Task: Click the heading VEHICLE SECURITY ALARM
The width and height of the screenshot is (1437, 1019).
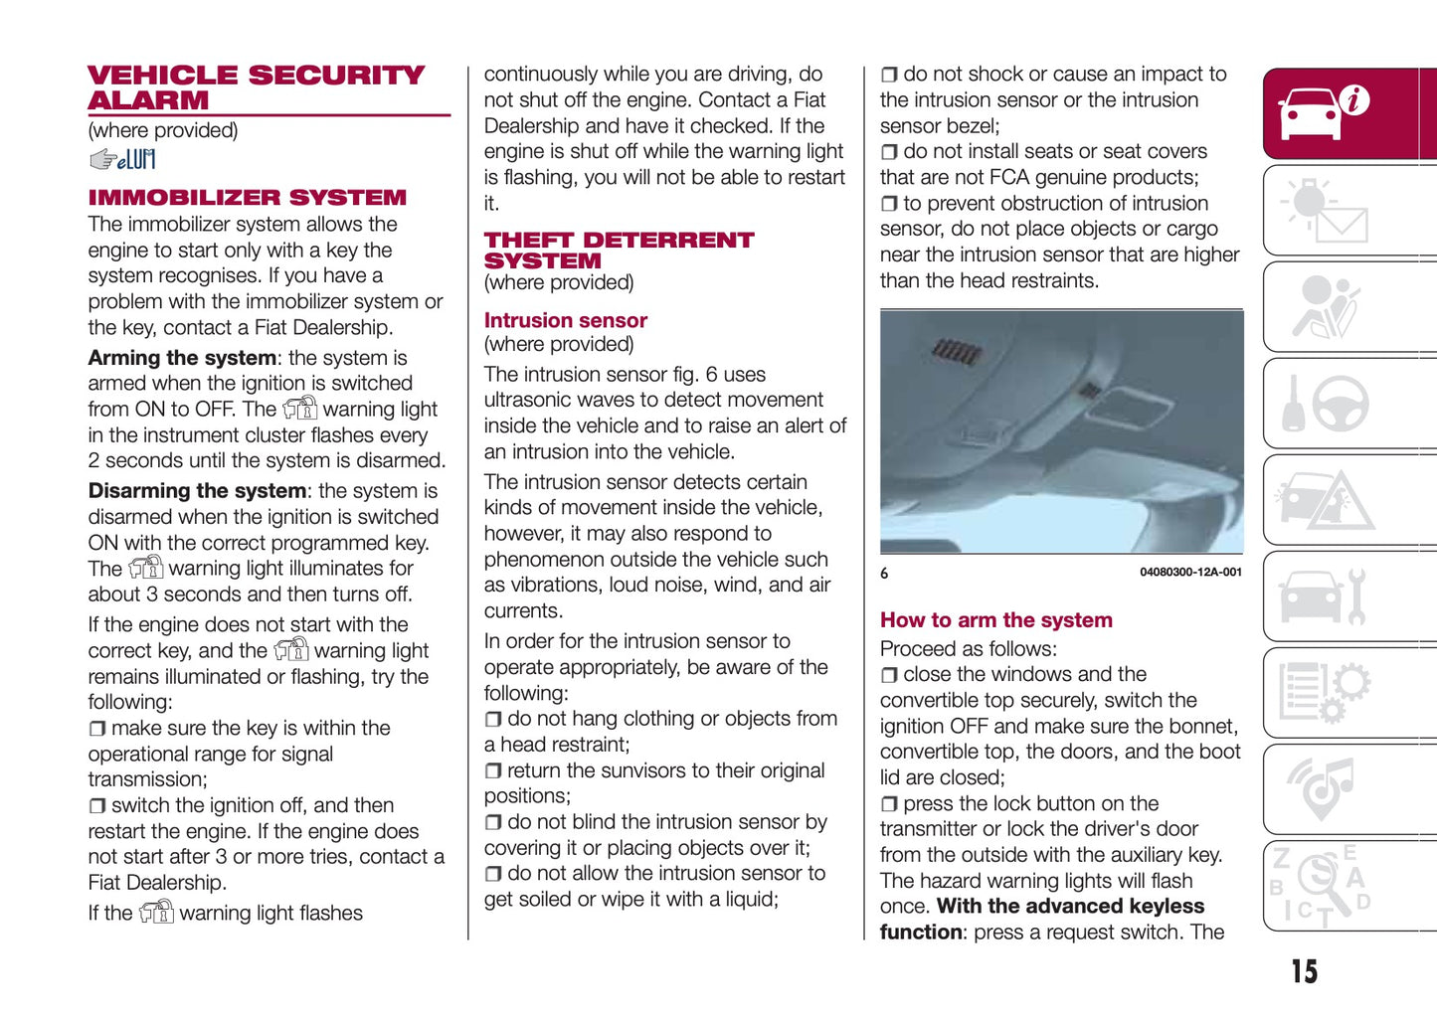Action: pos(256,87)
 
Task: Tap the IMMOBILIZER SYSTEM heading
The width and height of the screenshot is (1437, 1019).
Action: pos(247,197)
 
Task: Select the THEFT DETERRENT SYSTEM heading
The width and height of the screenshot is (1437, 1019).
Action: pos(618,250)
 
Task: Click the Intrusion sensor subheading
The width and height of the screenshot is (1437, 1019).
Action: pos(565,320)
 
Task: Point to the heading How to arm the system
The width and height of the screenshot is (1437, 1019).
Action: pos(995,619)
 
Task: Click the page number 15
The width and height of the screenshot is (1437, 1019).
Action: pos(1304,971)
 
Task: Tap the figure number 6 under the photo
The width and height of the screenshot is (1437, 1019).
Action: pos(884,573)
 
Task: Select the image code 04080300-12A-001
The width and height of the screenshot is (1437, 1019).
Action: pos(1190,573)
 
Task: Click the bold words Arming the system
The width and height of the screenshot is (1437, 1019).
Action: pos(182,358)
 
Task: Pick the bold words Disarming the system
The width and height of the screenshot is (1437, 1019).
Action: pos(197,491)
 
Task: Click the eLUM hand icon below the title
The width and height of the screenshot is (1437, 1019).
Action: pos(121,159)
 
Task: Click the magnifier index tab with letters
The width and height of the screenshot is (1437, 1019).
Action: pos(1322,885)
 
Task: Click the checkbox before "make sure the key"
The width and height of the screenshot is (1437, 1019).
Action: pos(96,730)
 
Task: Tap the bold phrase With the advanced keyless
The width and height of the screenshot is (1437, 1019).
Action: pos(1070,907)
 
